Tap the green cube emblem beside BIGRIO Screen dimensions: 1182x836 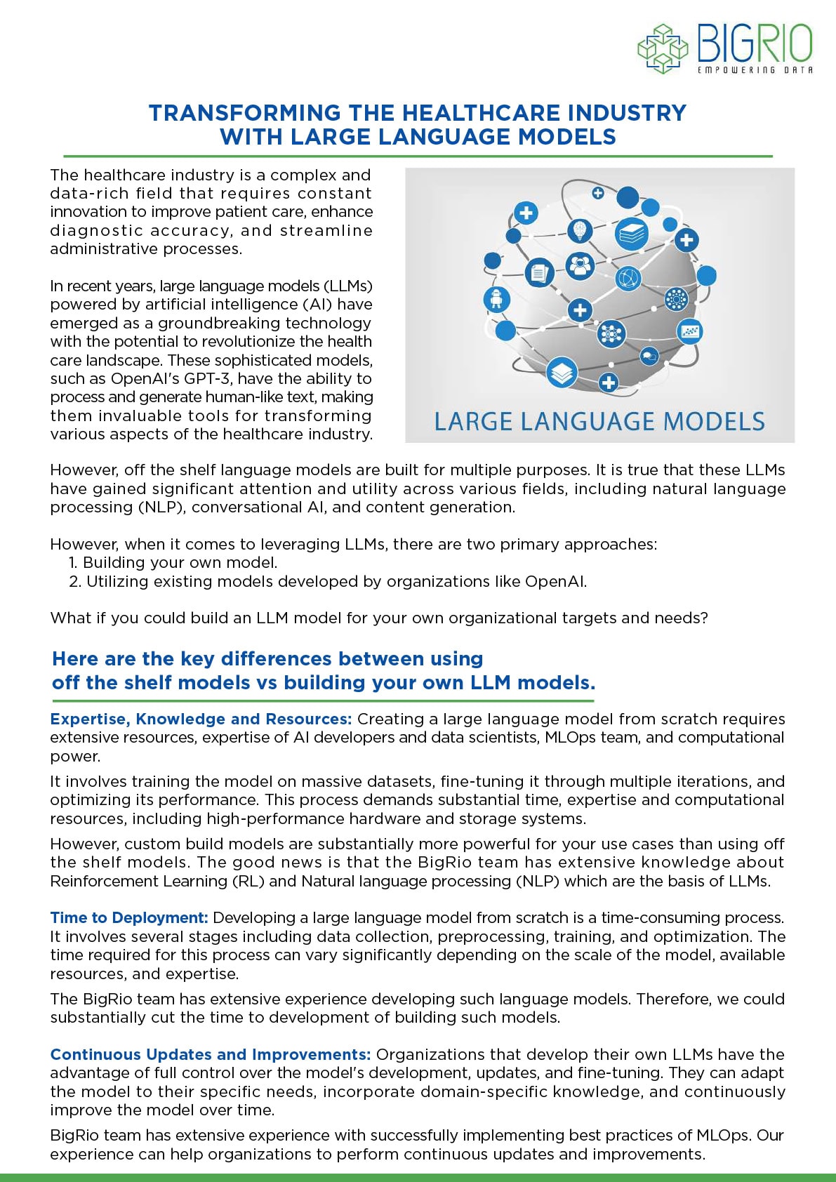pyautogui.click(x=663, y=49)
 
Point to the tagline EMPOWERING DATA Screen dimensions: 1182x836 pyautogui.click(x=755, y=70)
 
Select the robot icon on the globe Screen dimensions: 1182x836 pyautogui.click(x=498, y=300)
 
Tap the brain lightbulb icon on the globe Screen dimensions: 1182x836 pyautogui.click(x=580, y=230)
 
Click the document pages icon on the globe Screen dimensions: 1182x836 pyautogui.click(x=539, y=272)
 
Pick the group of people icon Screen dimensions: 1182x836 pyautogui.click(x=580, y=266)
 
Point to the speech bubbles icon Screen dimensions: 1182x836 pyautogui.click(x=649, y=356)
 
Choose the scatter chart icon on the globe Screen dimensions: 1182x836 pyautogui.click(x=690, y=331)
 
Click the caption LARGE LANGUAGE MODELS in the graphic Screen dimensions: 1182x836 pyautogui.click(x=599, y=421)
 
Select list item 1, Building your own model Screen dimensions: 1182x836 pyautogui.click(x=173, y=562)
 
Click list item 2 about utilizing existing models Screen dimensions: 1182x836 pyautogui.click(x=328, y=581)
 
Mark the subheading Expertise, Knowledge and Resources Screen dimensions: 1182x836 pyautogui.click(x=201, y=719)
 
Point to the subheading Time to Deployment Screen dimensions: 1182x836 pyautogui.click(x=129, y=917)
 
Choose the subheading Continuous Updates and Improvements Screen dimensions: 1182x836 pyautogui.click(x=210, y=1054)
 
